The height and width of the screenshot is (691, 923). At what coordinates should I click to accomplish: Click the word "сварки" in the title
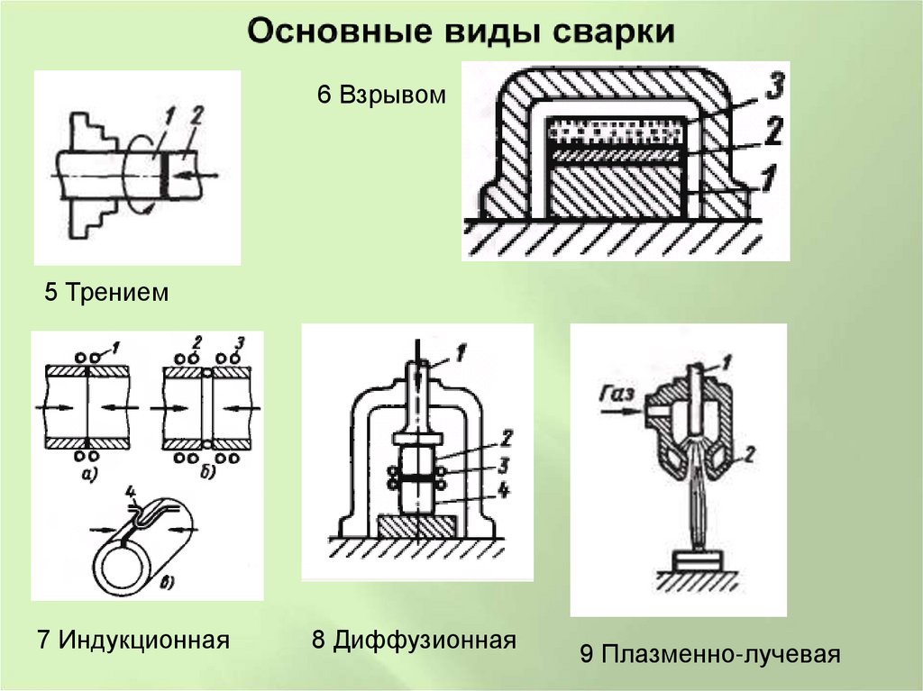pyautogui.click(x=611, y=32)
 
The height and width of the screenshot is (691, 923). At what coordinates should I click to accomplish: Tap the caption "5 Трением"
pyautogui.click(x=106, y=293)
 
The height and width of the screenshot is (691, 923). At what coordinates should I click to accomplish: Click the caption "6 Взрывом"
pyautogui.click(x=380, y=95)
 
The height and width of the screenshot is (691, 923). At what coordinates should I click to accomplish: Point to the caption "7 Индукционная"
pyautogui.click(x=133, y=641)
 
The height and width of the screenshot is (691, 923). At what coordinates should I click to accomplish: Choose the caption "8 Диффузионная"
pyautogui.click(x=414, y=641)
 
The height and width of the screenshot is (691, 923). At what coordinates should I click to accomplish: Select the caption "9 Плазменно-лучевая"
pyautogui.click(x=710, y=654)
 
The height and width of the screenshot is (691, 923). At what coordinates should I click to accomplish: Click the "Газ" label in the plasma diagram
pyautogui.click(x=616, y=393)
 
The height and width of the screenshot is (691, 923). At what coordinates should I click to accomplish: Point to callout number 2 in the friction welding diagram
pyautogui.click(x=197, y=114)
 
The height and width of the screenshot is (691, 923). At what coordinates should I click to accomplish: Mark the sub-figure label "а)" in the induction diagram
pyautogui.click(x=87, y=473)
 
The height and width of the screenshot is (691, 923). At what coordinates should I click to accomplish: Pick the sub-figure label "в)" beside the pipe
pyautogui.click(x=169, y=583)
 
